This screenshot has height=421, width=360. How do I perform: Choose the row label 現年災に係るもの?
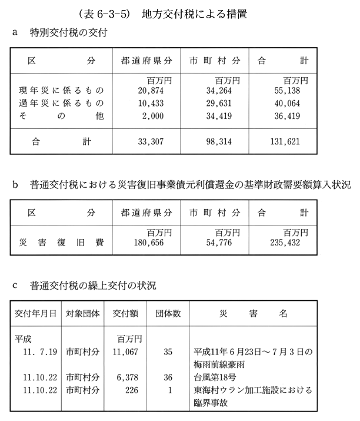tap(61, 91)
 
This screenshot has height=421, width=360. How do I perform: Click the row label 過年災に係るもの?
tap(61, 103)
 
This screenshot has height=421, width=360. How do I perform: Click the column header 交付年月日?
tap(35, 314)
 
